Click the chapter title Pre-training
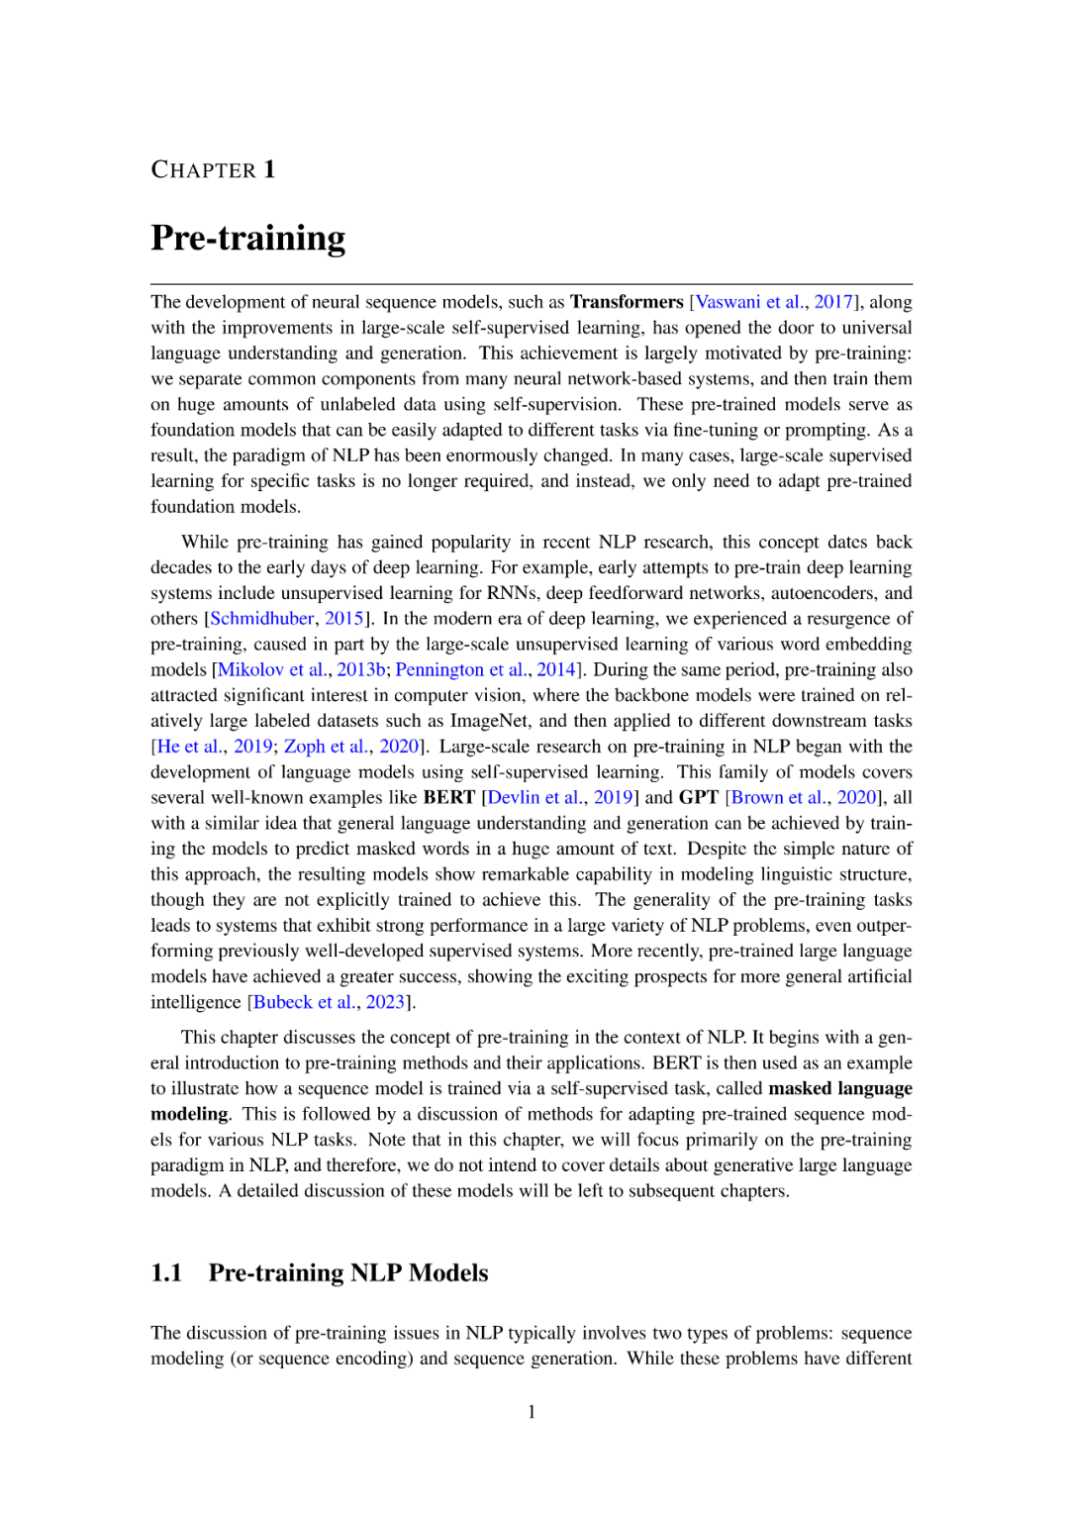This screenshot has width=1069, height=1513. [x=248, y=239]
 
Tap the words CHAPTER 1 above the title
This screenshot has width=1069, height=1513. [x=213, y=170]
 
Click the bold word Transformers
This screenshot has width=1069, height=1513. [x=627, y=302]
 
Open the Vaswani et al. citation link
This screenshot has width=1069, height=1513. [x=750, y=302]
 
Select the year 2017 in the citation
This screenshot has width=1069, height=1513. [x=833, y=302]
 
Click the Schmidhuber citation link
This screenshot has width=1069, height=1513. [x=262, y=619]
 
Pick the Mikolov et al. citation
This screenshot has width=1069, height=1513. [x=272, y=670]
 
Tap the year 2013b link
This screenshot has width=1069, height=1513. [x=361, y=670]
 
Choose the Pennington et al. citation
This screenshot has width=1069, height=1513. [x=460, y=670]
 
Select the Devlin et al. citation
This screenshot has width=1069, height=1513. [x=534, y=798]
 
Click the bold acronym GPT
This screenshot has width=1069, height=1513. [x=699, y=798]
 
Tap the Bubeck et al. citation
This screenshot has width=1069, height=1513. [x=304, y=1002]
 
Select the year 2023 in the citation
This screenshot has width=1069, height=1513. [x=385, y=1002]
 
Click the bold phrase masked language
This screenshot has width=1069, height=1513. [x=840, y=1088]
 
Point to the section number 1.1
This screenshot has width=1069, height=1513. [x=166, y=1273]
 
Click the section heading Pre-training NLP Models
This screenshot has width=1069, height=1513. [x=348, y=1273]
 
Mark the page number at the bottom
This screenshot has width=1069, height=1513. [x=532, y=1412]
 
